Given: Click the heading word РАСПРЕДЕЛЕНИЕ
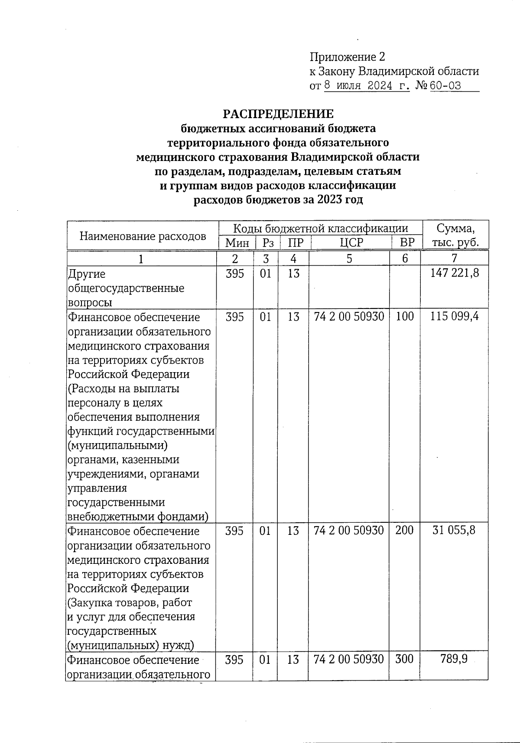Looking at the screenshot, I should (x=278, y=114).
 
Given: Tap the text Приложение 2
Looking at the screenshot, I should (x=347, y=57).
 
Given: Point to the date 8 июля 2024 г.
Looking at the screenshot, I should (x=367, y=86).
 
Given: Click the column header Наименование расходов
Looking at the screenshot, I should (x=143, y=236).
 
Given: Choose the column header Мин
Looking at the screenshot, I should (x=237, y=242).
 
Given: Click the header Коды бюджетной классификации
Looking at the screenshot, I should (x=321, y=228).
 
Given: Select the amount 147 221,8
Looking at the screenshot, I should (x=455, y=273).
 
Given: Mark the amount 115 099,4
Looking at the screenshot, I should (x=455, y=317).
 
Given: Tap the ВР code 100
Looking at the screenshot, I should (x=405, y=317).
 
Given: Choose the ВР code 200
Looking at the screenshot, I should (x=405, y=530).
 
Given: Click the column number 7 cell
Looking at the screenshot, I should (x=454, y=259).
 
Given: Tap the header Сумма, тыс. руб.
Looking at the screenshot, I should (x=455, y=235).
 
